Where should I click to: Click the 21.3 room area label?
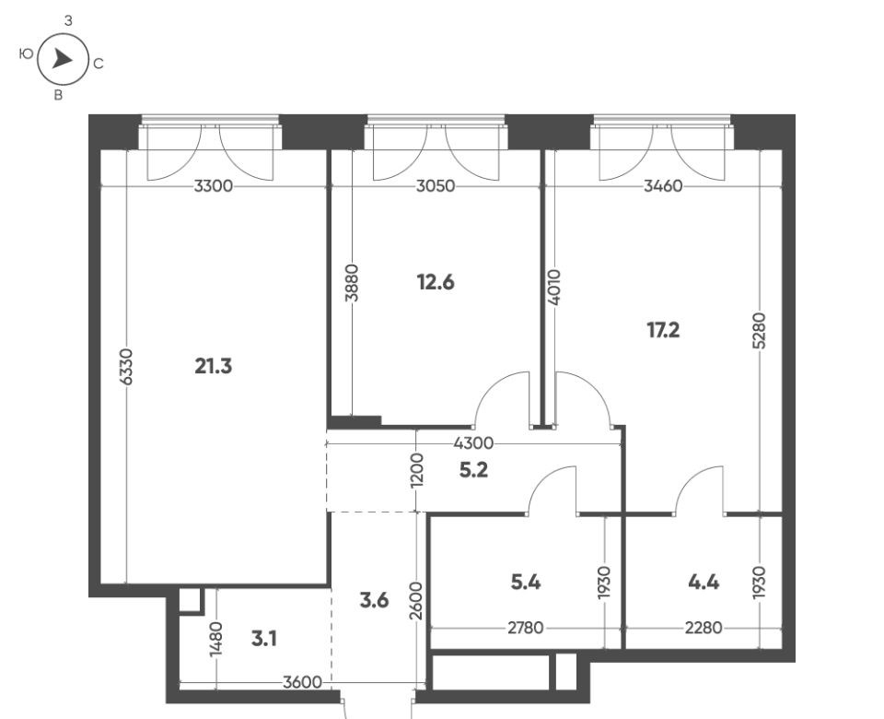tap(213, 367)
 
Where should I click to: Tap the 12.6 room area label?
tap(436, 282)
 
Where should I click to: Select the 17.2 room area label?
tap(663, 330)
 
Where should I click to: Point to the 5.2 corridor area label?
tap(473, 470)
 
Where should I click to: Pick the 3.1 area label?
tap(264, 640)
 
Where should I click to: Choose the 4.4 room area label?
tap(704, 582)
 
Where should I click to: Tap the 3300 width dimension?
tap(213, 185)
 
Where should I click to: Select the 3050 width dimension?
tap(436, 185)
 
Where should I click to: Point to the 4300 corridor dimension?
tap(473, 443)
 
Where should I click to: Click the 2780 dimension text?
tap(526, 628)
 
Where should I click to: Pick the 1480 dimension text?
tap(215, 640)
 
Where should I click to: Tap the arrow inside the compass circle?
tap(62, 59)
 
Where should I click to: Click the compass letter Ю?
tap(26, 54)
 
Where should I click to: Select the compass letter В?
tap(58, 95)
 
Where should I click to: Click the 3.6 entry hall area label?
tap(375, 600)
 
